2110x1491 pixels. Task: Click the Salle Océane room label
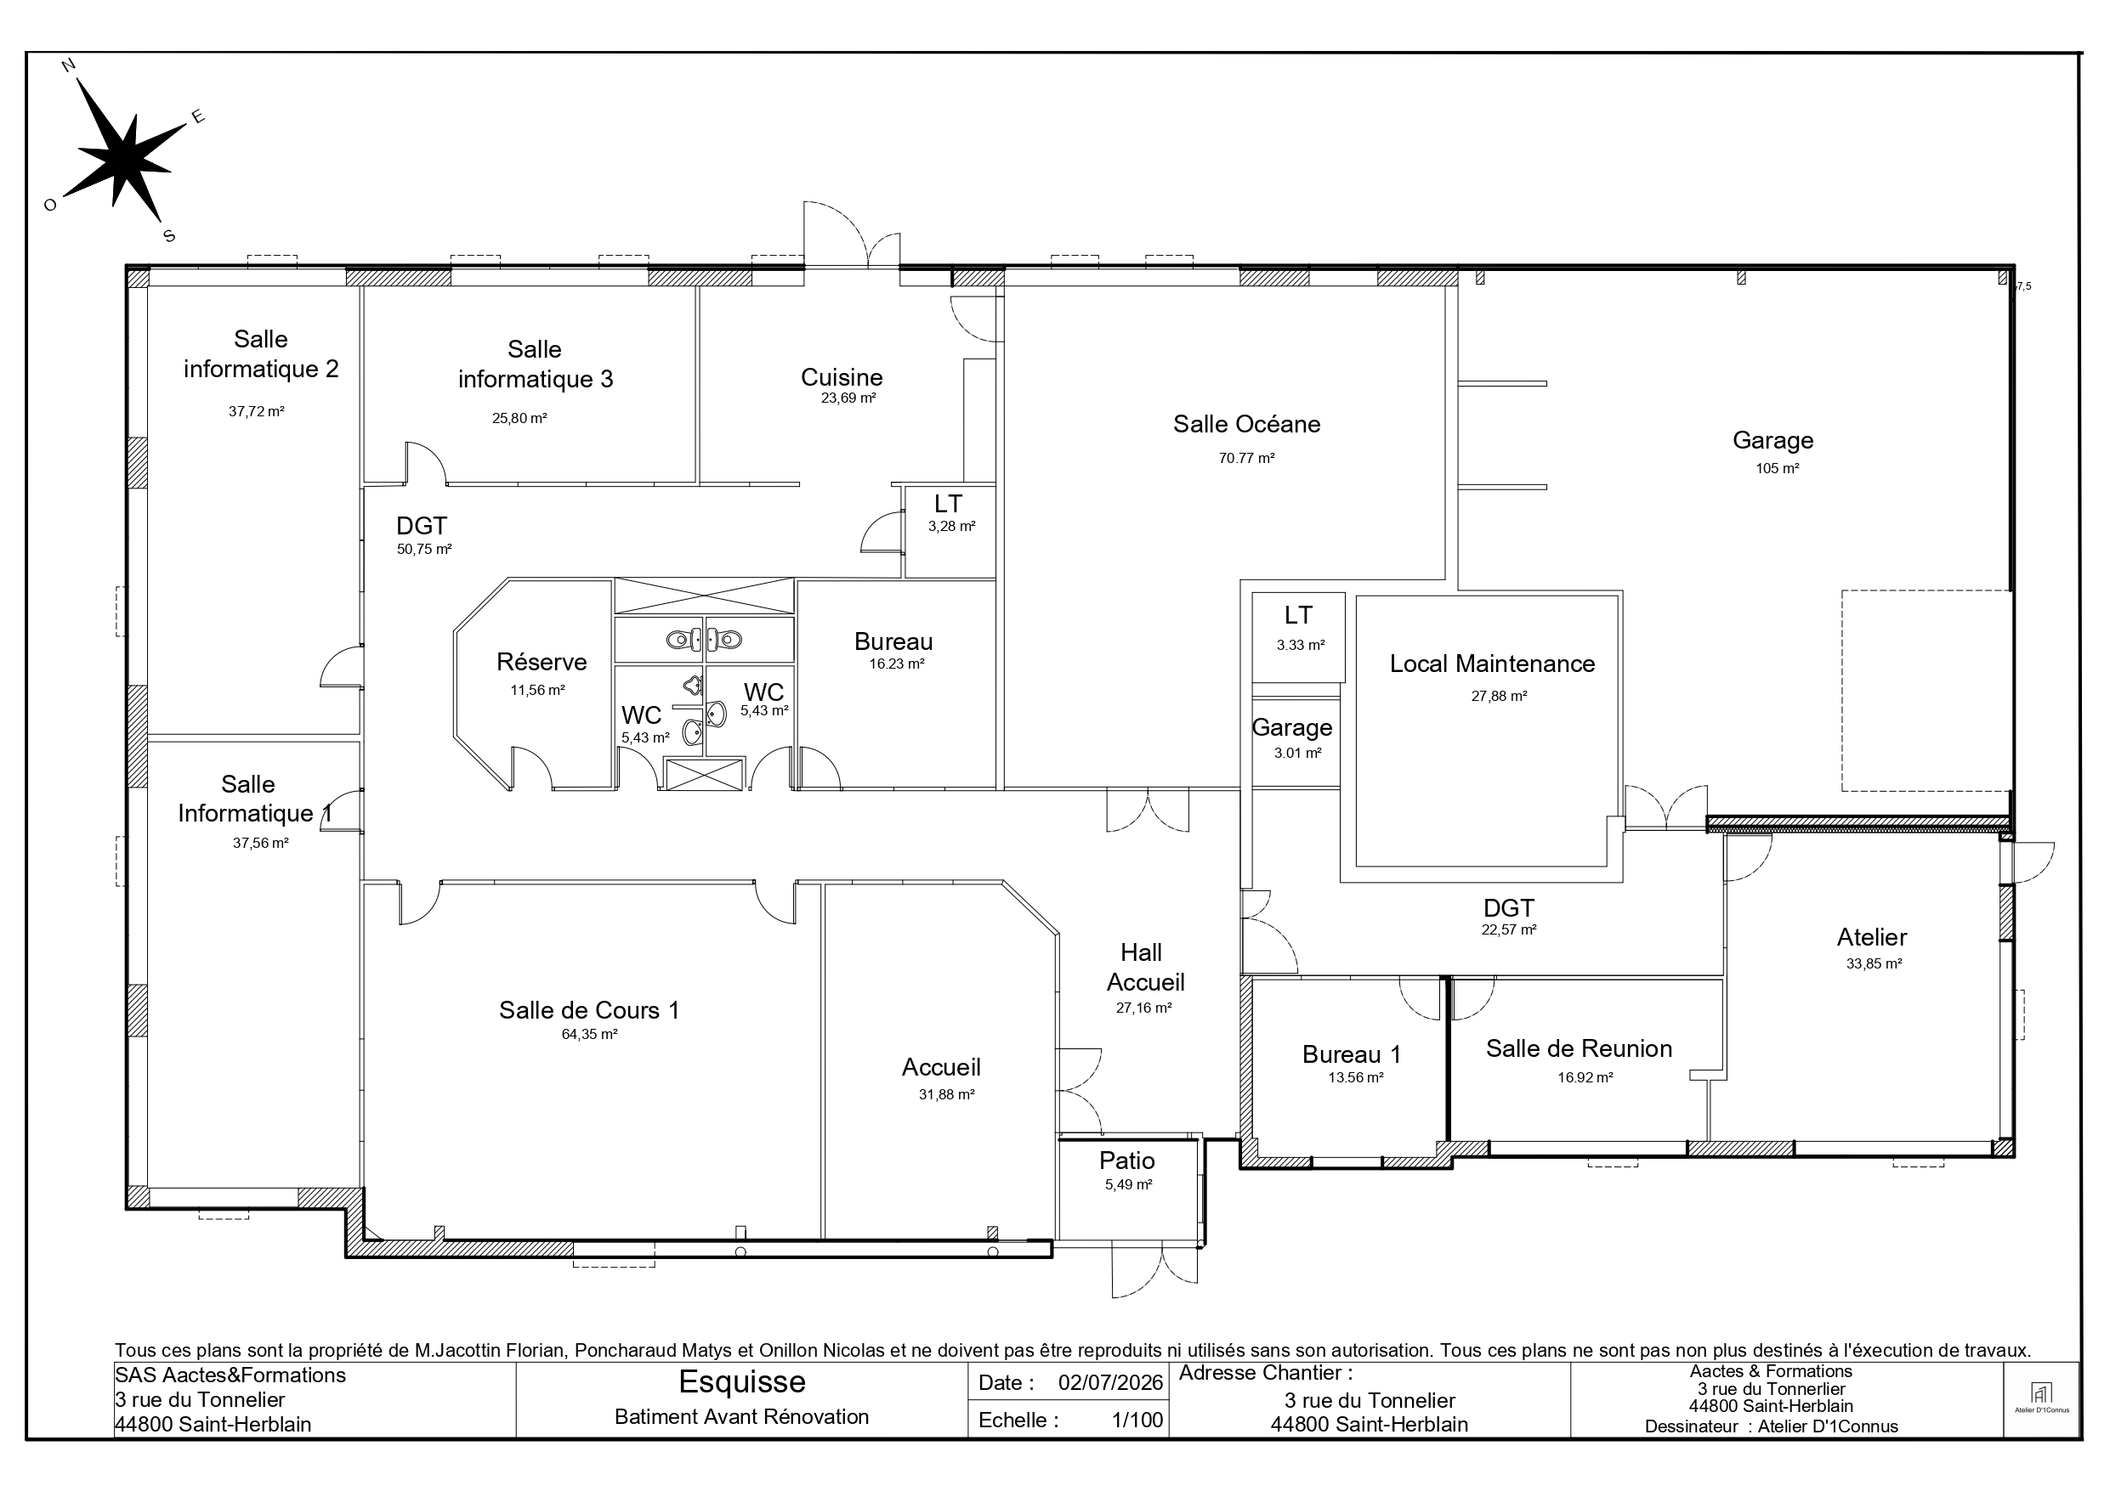click(1246, 425)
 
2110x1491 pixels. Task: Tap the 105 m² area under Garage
click(1778, 468)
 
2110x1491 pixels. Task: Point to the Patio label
click(1126, 1161)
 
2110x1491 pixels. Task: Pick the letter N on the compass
click(68, 65)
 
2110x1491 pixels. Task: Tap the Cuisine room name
click(842, 377)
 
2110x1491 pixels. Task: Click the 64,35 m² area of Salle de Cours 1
click(589, 1035)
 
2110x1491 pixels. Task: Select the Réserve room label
click(542, 663)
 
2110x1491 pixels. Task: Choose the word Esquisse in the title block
click(741, 1381)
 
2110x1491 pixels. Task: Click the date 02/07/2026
click(1110, 1382)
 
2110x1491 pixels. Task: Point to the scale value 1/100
click(1137, 1420)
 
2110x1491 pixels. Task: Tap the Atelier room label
click(1872, 938)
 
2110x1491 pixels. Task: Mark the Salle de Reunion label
click(1579, 1049)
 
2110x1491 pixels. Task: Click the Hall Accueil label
click(1145, 968)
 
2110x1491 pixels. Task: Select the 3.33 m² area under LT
click(1301, 646)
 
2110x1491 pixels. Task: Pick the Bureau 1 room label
click(1351, 1054)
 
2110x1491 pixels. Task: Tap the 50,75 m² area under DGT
click(423, 550)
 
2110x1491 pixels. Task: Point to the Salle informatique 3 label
click(535, 364)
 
